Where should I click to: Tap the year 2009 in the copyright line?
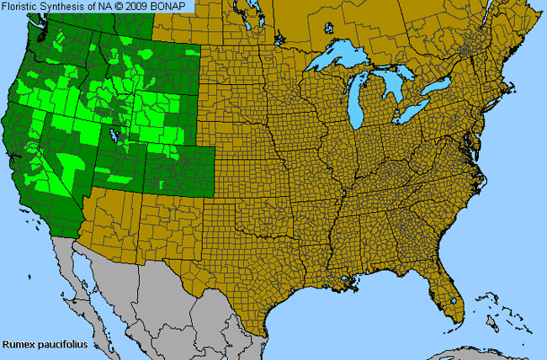tap(149, 7)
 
